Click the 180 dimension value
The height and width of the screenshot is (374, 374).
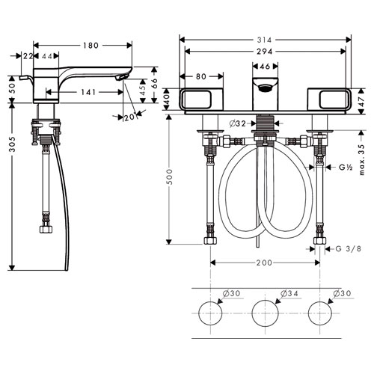[x=91, y=46]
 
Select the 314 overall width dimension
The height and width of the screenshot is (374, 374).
[x=265, y=40]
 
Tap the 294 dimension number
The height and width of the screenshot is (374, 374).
[x=265, y=52]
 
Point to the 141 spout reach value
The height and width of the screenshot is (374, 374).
[x=88, y=92]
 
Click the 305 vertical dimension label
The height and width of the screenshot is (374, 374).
[x=12, y=144]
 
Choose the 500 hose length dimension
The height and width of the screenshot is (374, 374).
[x=169, y=177]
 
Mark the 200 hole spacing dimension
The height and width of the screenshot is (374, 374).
[x=264, y=263]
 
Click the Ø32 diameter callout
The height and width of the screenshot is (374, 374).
[x=238, y=123]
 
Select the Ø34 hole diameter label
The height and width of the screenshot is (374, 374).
[x=289, y=293]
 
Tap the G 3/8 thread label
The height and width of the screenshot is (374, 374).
[x=349, y=248]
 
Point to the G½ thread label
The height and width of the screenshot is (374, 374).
[x=346, y=168]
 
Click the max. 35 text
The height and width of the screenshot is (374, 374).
[x=362, y=159]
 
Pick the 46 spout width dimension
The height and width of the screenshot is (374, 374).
[x=265, y=67]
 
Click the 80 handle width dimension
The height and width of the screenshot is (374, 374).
[x=201, y=76]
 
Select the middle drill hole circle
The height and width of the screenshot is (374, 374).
[x=265, y=313]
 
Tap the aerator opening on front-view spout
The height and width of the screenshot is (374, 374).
[x=265, y=88]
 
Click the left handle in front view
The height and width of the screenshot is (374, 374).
[x=201, y=99]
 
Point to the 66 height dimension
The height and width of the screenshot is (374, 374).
[x=154, y=84]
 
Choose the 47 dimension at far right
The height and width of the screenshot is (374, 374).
[x=361, y=102]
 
